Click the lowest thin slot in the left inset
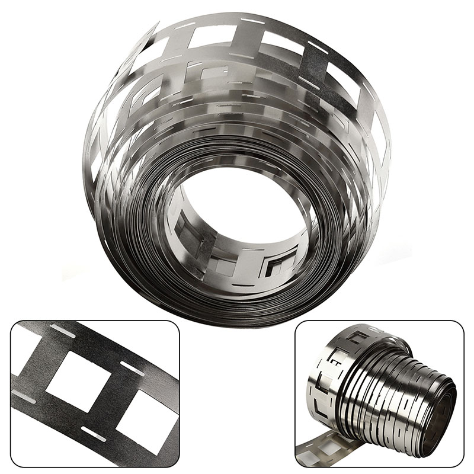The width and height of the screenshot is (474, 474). point(94,434)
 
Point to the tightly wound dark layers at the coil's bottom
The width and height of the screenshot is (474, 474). point(237,308)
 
